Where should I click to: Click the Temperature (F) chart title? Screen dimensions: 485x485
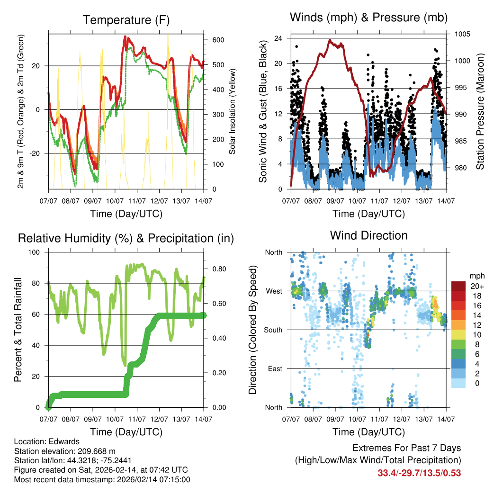point(126,20)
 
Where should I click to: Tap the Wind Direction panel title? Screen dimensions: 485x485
point(368,235)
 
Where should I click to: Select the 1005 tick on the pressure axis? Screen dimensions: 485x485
point(461,34)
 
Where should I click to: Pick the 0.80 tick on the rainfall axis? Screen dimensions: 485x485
point(215,269)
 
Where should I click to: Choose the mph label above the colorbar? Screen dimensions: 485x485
point(476,276)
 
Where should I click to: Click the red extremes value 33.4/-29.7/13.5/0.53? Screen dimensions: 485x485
point(419,473)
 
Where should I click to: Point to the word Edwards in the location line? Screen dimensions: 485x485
point(60,441)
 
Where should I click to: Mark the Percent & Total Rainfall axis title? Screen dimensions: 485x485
point(18,330)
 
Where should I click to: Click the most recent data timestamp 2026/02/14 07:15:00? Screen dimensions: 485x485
point(148,479)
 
